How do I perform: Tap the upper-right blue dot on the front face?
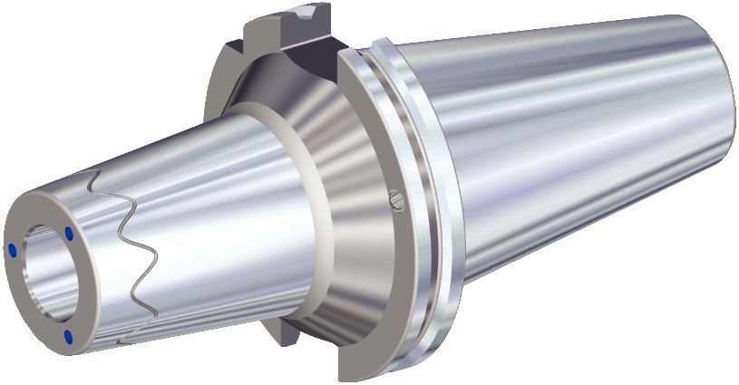tap(69, 235)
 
